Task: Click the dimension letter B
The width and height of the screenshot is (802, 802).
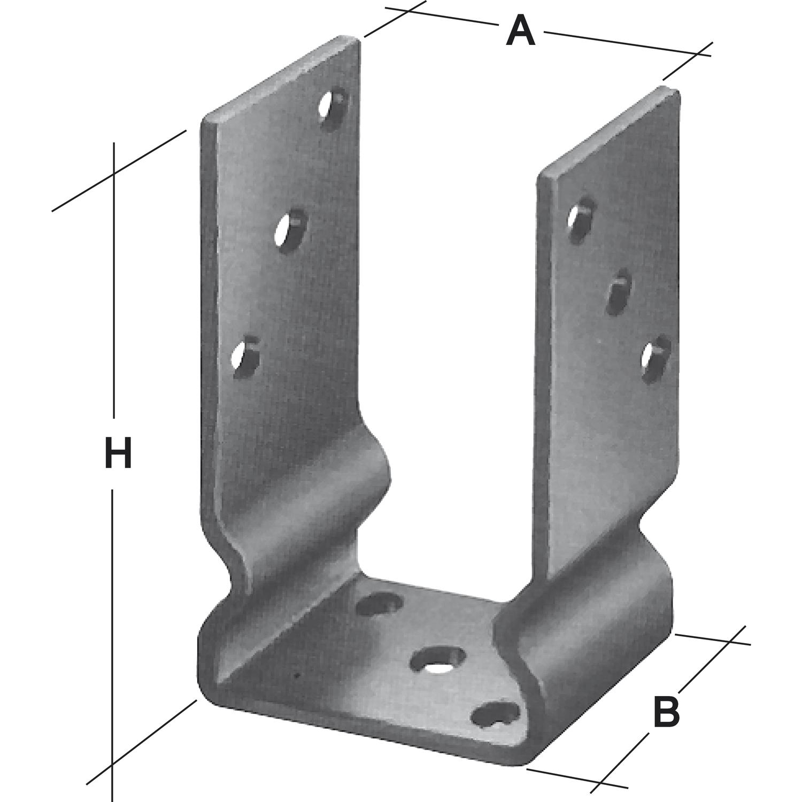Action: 666,711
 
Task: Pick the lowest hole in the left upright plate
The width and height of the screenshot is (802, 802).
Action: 244,357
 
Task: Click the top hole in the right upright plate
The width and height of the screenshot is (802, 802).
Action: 581,218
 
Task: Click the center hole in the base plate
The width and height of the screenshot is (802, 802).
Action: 437,661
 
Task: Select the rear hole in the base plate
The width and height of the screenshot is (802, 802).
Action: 379,606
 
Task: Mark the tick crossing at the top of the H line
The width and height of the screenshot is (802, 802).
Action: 113,173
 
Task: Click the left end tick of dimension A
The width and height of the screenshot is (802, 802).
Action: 405,10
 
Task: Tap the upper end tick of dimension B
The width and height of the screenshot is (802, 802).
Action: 731,639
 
